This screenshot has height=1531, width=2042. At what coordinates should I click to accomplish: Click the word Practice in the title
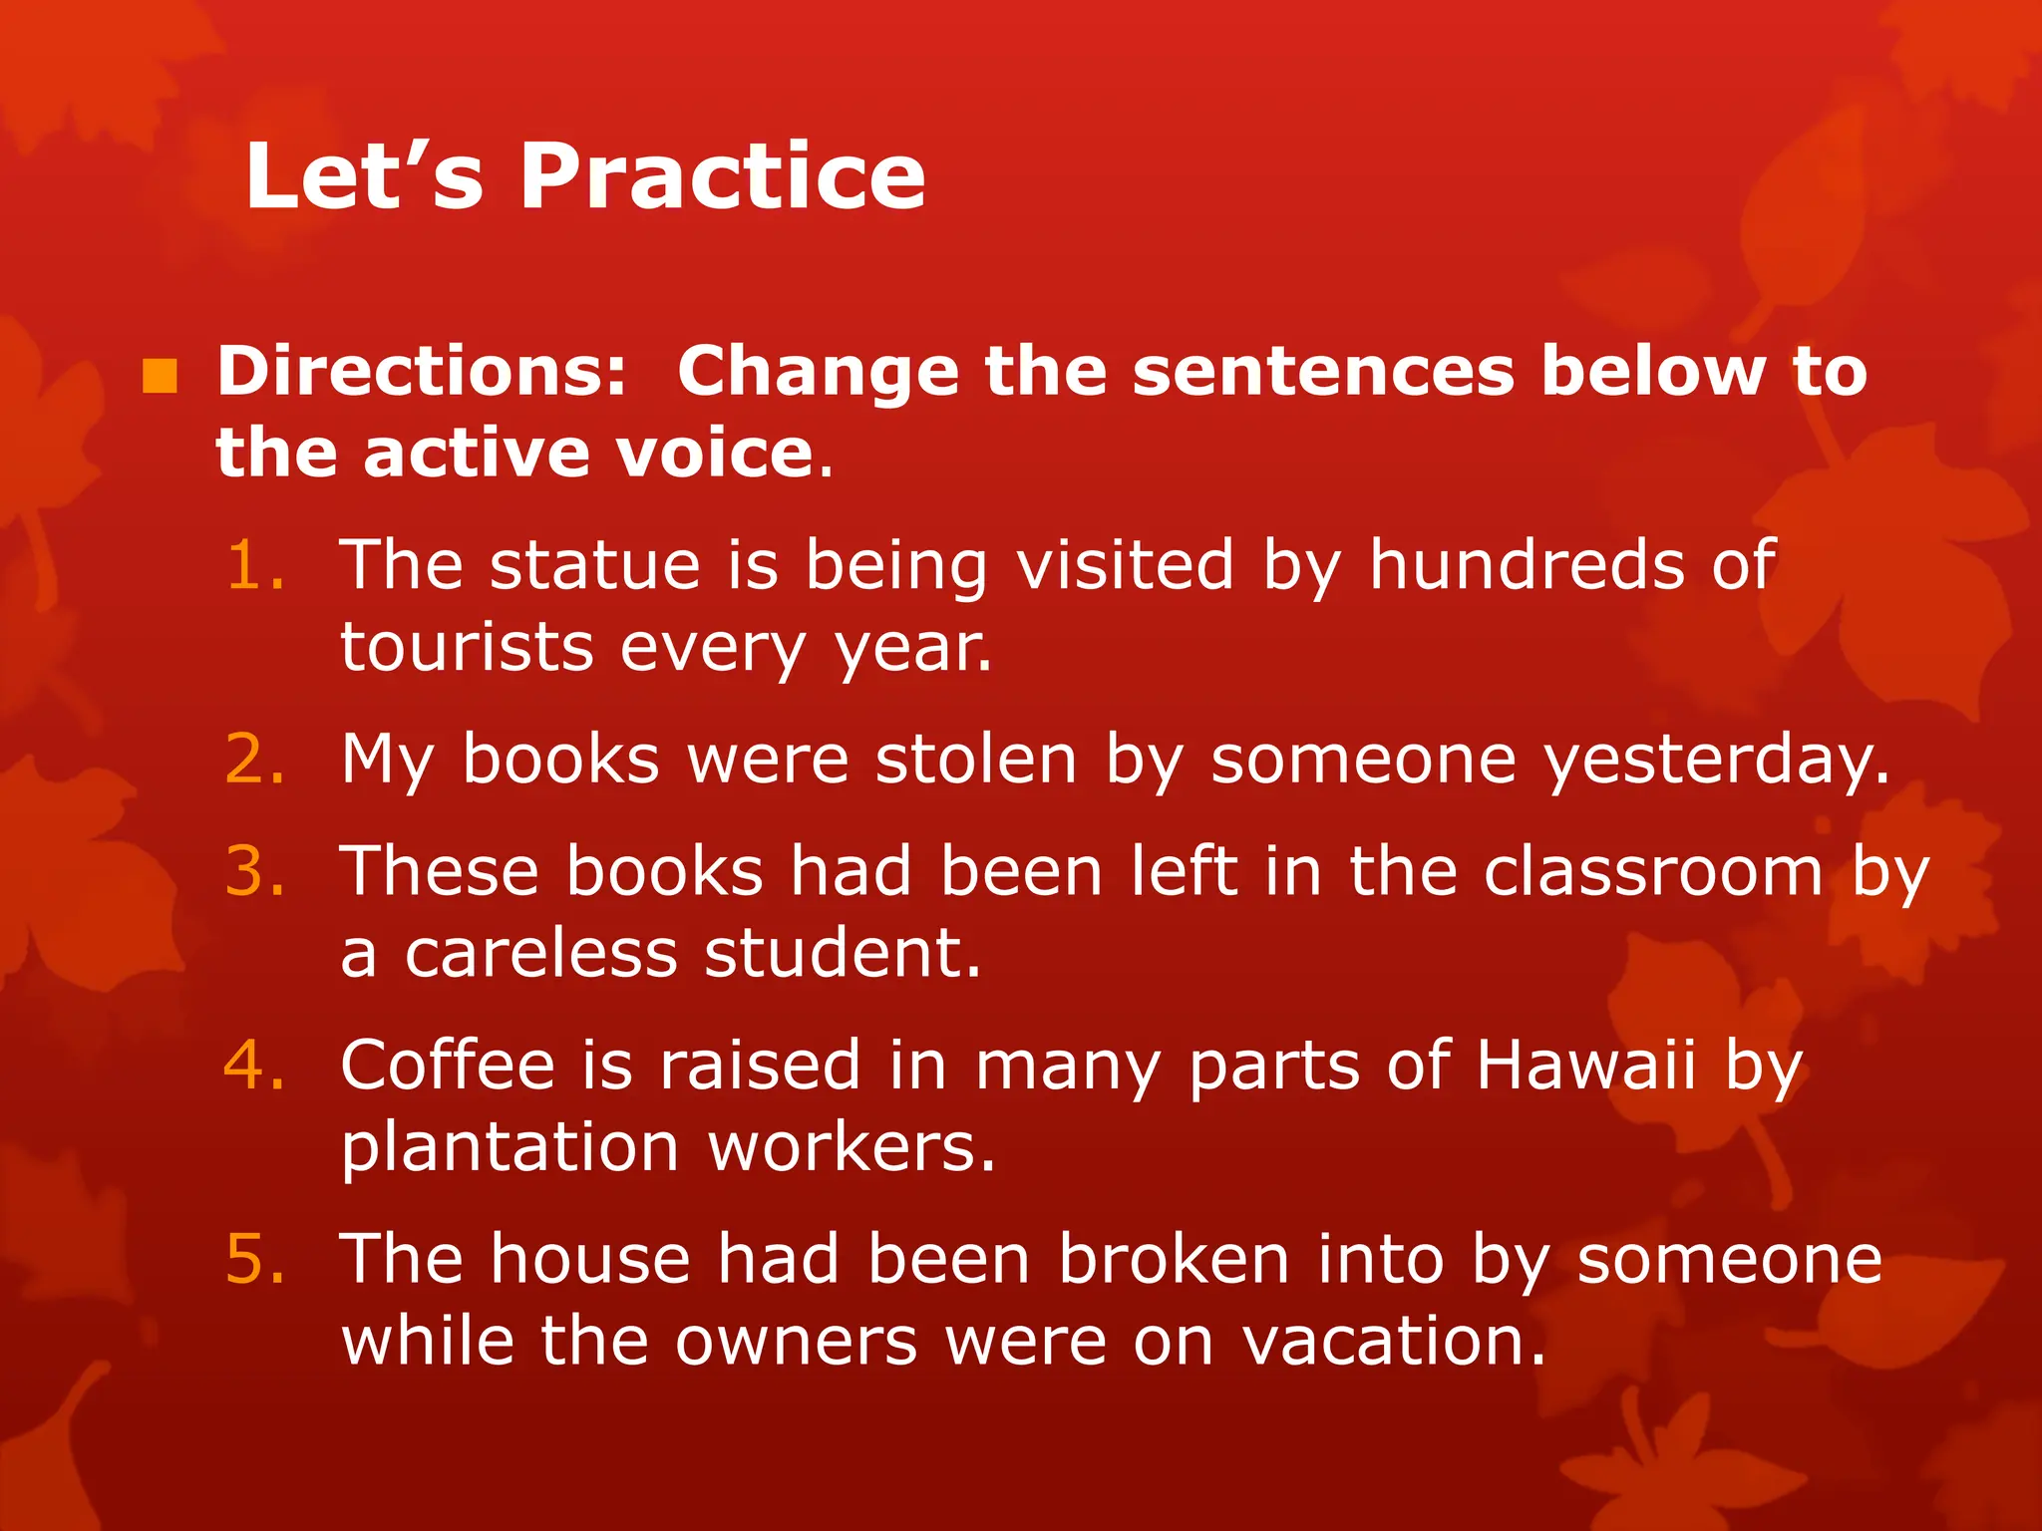[x=722, y=176]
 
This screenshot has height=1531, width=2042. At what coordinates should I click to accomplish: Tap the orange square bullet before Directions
[x=160, y=376]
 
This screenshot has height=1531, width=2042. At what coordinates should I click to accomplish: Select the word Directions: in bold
[x=422, y=371]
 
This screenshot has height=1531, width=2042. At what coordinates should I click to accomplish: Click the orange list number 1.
[x=255, y=566]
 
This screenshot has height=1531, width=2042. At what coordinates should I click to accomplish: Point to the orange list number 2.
[x=255, y=760]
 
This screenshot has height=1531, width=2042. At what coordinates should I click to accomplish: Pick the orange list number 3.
[x=255, y=871]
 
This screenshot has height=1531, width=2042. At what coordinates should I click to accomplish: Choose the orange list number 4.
[x=255, y=1065]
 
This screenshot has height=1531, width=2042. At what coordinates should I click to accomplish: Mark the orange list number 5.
[x=255, y=1259]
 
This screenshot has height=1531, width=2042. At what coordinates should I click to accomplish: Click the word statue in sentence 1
[x=595, y=566]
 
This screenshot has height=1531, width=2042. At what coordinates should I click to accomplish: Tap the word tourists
[x=467, y=648]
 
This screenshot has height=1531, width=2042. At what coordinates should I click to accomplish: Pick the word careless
[x=539, y=953]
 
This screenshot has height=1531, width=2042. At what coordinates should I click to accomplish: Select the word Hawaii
[x=1585, y=1065]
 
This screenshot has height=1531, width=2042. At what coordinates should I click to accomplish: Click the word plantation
[x=510, y=1147]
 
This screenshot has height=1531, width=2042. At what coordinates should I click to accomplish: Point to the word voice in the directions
[x=715, y=454]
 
